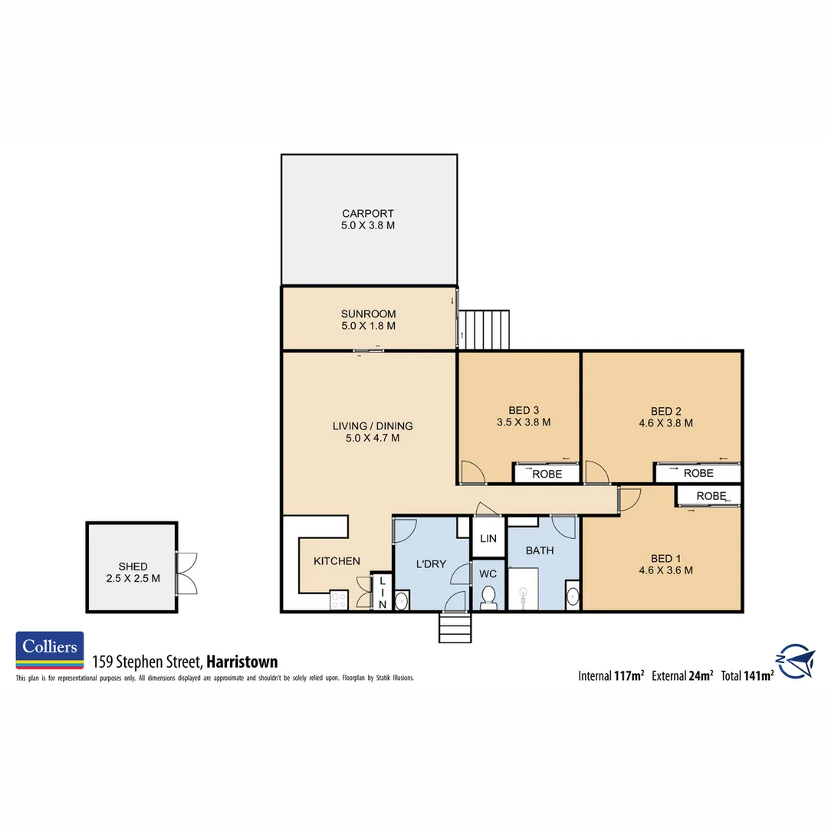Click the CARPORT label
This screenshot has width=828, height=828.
coord(368,213)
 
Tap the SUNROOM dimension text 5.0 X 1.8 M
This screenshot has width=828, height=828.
coord(369,326)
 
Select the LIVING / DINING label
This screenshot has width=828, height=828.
coord(373,426)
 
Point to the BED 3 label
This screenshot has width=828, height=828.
coord(524,410)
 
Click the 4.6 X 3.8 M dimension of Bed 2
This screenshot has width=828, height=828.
coord(661,422)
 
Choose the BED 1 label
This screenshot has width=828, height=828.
coord(665,558)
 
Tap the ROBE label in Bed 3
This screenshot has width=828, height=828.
coord(546,474)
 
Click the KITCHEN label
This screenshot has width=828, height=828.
coord(337,561)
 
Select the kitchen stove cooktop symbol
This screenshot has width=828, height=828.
coord(340,600)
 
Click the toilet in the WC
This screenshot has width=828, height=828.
coord(488,598)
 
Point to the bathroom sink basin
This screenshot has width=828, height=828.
coord(572,596)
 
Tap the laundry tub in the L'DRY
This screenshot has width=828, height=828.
coord(402,600)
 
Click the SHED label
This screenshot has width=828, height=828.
coord(133,567)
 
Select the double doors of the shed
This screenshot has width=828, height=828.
coord(186,573)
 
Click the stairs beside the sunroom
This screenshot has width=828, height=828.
coord(485,328)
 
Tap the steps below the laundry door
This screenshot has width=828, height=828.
coord(455,628)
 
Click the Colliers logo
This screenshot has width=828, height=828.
coord(50,650)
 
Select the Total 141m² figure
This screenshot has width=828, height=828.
coord(747,675)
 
